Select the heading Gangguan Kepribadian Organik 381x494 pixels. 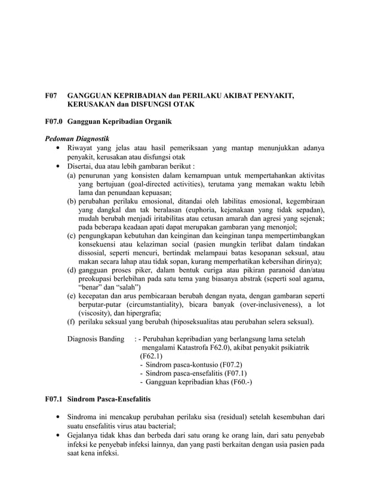click(x=119, y=122)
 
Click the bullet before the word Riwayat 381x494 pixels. click(x=57, y=148)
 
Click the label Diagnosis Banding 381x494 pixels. click(x=96, y=339)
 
